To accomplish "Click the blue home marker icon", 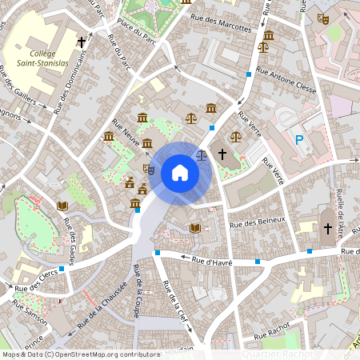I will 180,172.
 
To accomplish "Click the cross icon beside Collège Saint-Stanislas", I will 81,41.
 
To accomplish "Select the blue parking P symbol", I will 300,140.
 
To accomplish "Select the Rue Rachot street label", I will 271,332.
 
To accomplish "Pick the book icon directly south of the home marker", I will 195,228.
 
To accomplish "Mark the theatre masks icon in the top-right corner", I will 323,17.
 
